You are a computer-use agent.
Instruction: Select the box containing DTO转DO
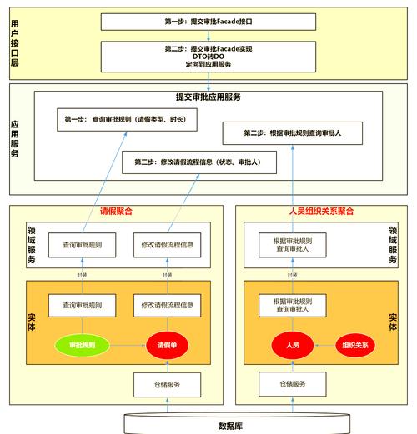point(209,56)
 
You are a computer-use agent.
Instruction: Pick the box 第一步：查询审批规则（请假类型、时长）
point(126,118)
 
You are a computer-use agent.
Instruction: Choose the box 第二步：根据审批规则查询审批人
point(292,133)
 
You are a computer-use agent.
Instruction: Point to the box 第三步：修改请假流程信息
point(198,162)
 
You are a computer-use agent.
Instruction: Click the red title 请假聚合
point(116,212)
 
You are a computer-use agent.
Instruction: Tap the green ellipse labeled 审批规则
point(81,345)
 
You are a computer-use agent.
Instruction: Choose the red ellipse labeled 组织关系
point(354,345)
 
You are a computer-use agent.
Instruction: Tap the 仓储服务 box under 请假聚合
point(168,385)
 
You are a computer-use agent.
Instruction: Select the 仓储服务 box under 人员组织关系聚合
point(292,385)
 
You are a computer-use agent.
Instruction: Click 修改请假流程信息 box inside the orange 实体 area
point(168,306)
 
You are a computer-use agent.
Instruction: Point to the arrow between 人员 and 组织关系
point(323,345)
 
